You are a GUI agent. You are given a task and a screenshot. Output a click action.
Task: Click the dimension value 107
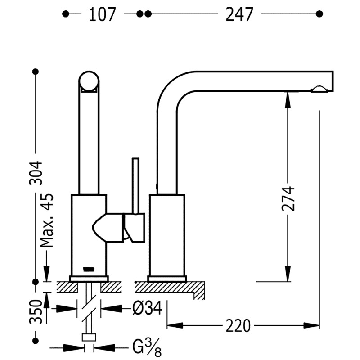click(103, 14)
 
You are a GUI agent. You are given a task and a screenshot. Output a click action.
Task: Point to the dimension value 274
click(288, 198)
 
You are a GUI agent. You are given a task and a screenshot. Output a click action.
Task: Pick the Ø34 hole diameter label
click(147, 309)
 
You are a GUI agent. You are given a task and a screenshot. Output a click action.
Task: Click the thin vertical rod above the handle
click(135, 184)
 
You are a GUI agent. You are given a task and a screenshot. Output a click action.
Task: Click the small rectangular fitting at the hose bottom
click(89, 337)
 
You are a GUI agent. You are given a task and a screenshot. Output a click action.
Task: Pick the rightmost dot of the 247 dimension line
click(319, 14)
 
